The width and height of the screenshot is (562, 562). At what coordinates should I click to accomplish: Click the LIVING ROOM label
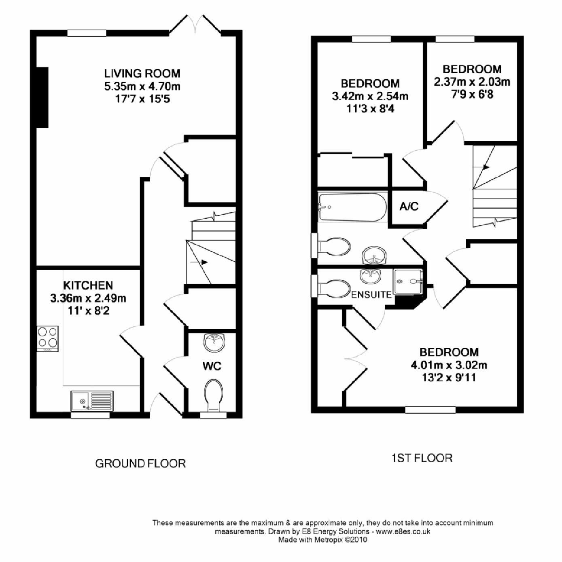click(x=142, y=74)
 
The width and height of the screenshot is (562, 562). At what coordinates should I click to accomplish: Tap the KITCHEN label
click(x=88, y=285)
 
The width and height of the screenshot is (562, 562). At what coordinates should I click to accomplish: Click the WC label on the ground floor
click(x=212, y=366)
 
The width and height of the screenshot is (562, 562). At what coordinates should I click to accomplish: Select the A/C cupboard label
click(x=409, y=207)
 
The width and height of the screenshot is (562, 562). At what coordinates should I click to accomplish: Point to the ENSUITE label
click(x=371, y=295)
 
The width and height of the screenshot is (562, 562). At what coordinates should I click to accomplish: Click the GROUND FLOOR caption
click(x=140, y=463)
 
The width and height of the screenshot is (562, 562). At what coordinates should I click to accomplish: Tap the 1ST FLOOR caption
click(x=422, y=458)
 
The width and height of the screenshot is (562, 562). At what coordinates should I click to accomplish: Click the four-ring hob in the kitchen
click(x=48, y=338)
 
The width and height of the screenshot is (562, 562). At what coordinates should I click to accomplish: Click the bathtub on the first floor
click(x=352, y=207)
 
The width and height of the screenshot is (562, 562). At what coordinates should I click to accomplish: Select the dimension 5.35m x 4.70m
click(x=142, y=86)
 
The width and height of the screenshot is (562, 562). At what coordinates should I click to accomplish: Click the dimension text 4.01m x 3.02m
click(x=449, y=365)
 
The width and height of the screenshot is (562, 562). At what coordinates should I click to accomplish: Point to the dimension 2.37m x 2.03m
click(x=472, y=82)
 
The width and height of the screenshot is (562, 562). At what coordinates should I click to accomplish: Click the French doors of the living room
click(x=195, y=25)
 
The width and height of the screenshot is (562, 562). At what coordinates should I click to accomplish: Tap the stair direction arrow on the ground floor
click(x=204, y=262)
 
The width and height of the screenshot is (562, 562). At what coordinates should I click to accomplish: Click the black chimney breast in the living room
click(x=42, y=97)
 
